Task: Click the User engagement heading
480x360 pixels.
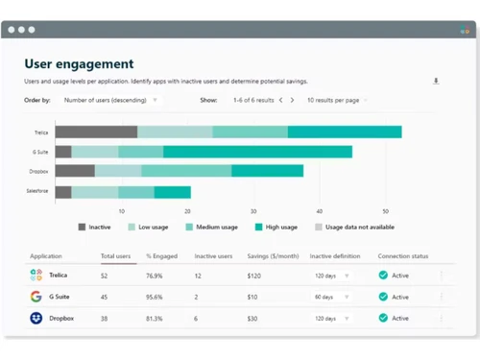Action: tap(79, 63)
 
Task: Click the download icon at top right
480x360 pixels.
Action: tap(436, 82)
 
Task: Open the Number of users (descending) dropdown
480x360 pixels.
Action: tap(110, 100)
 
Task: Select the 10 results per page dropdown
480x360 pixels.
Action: tap(337, 100)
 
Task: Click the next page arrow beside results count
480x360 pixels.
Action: tap(293, 100)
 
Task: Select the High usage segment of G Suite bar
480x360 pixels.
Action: tap(257, 152)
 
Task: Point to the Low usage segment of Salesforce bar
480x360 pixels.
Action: tap(95, 192)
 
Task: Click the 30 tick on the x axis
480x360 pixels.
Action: tap(253, 211)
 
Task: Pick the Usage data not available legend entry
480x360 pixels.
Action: tap(355, 228)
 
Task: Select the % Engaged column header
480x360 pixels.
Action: tap(160, 256)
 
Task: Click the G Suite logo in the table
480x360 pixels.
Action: tap(36, 297)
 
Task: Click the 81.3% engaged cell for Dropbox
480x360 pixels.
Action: tap(156, 318)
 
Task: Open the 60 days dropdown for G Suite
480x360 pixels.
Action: tap(331, 297)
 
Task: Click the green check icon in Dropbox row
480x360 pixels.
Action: tap(383, 318)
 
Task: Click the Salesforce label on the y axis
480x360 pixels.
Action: tap(37, 192)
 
